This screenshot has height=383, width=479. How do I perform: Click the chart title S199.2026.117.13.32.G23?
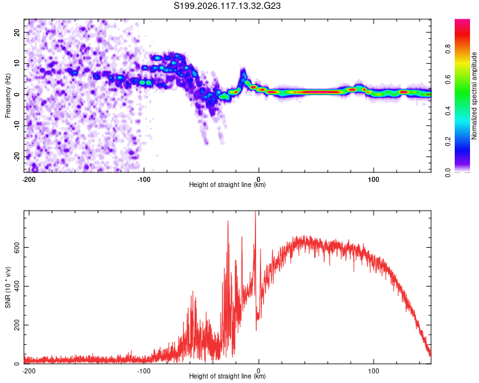[227, 6]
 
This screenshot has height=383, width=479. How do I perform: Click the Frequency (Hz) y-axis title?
[8, 96]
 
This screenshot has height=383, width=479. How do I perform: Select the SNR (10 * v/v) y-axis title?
[8, 287]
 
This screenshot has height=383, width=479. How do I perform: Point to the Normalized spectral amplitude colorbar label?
[474, 96]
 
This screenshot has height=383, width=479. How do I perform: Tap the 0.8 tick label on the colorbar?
[448, 49]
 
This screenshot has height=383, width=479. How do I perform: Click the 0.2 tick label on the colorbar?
[448, 142]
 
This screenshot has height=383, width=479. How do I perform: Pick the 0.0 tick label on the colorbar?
[448, 172]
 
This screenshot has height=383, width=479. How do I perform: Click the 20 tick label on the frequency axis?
[17, 32]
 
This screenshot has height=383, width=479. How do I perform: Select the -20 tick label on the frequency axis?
[17, 157]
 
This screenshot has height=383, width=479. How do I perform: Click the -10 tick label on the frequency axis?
[17, 126]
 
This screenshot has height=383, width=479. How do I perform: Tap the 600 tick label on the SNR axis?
[17, 247]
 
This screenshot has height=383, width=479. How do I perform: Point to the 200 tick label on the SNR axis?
[17, 325]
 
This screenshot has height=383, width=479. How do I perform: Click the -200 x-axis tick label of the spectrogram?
[29, 179]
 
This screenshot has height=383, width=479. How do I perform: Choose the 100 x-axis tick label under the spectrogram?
[374, 179]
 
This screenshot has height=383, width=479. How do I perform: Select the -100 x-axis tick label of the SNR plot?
[144, 371]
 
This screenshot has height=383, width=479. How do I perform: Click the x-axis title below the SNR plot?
[227, 376]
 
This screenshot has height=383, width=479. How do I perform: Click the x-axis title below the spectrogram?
[227, 184]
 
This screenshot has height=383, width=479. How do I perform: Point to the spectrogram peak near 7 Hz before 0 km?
[243, 73]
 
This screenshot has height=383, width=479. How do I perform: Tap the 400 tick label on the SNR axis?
[17, 286]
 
